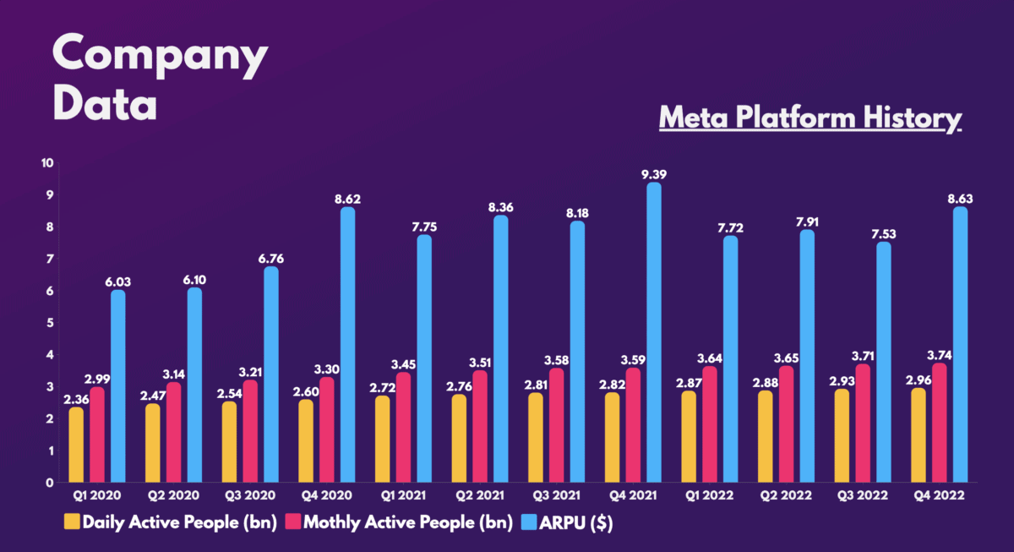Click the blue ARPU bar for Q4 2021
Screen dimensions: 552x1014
pyautogui.click(x=653, y=333)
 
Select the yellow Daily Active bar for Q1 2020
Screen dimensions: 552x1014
pyautogui.click(x=77, y=445)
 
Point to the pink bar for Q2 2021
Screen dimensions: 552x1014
pyautogui.click(x=480, y=427)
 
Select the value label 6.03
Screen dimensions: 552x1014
pyautogui.click(x=117, y=282)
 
